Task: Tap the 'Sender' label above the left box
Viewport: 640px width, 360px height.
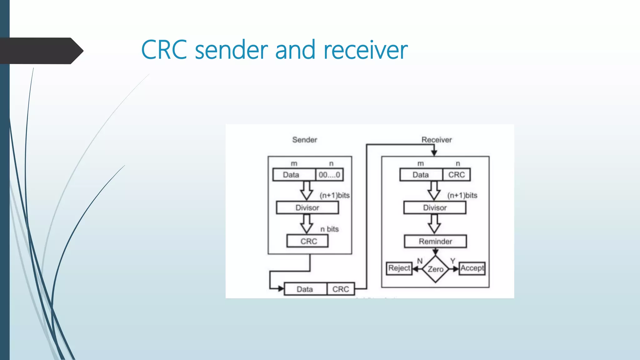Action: coord(304,140)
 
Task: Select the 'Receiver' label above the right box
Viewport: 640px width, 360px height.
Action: coord(436,140)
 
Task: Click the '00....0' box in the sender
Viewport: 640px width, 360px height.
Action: coord(329,175)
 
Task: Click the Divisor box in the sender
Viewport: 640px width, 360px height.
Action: coord(307,208)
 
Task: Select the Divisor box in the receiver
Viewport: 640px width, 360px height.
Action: coord(435,208)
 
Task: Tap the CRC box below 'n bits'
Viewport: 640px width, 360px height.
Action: coord(307,241)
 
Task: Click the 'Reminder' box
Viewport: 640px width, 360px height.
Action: coord(435,241)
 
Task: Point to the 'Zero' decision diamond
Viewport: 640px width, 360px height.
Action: coord(435,269)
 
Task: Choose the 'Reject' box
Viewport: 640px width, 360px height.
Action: coord(399,268)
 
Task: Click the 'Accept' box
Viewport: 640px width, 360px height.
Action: coord(472,268)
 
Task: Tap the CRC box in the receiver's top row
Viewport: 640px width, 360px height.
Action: coord(456,175)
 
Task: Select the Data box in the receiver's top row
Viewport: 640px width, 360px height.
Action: coord(421,175)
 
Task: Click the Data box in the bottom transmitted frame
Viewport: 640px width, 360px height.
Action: coord(305,289)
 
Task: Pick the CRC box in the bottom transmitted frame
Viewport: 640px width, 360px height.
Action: coord(341,289)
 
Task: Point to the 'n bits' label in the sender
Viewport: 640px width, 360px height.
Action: coord(329,229)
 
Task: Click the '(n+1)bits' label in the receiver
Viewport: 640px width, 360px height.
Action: coord(462,195)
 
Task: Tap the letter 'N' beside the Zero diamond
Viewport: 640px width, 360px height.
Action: coord(420,261)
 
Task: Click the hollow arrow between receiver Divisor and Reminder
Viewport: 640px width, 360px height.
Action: coord(434,224)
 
